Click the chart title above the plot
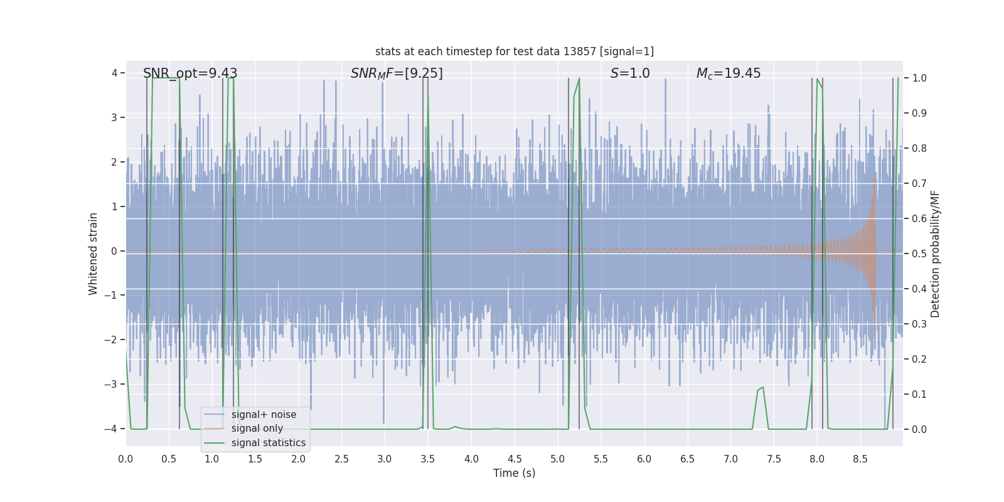[x=514, y=51]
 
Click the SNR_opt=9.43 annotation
[x=190, y=73]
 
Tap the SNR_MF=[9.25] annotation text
[x=397, y=73]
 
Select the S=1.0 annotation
[x=630, y=73]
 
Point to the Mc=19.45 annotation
[x=729, y=73]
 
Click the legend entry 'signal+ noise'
[x=264, y=415]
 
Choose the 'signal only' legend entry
[x=257, y=429]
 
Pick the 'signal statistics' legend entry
[x=268, y=443]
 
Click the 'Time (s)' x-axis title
[x=514, y=473]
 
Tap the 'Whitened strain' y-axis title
[x=93, y=254]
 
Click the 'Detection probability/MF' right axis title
[x=935, y=254]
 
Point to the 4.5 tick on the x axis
[x=515, y=459]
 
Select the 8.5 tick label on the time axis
[x=860, y=459]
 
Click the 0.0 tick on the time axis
[x=125, y=459]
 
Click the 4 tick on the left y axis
[x=114, y=73]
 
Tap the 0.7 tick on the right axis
[x=919, y=184]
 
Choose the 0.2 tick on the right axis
[x=919, y=360]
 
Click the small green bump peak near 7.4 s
[x=762, y=388]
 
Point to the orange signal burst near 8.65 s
[x=873, y=251]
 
